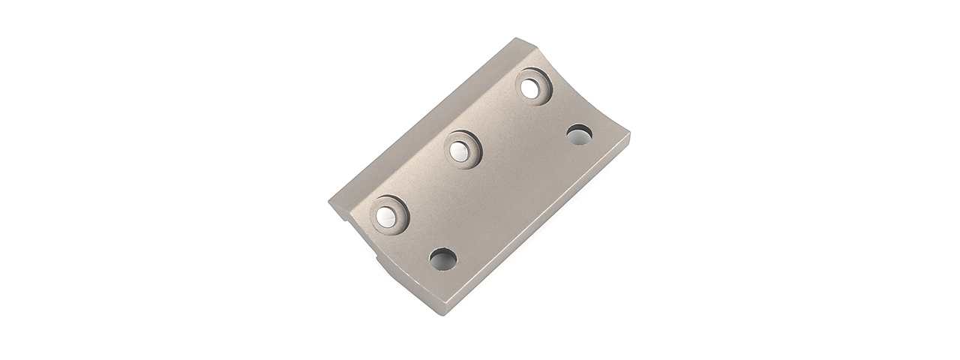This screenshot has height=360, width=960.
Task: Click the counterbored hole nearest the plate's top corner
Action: click(533, 87)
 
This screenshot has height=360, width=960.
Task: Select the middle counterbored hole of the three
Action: click(462, 149)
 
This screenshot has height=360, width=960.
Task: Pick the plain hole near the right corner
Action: click(579, 136)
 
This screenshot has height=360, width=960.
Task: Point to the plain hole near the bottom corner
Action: click(442, 260)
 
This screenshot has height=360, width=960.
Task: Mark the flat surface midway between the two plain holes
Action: click(511, 198)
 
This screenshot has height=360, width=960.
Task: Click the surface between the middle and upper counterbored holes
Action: click(498, 118)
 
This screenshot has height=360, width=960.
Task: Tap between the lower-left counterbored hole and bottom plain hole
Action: click(416, 238)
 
